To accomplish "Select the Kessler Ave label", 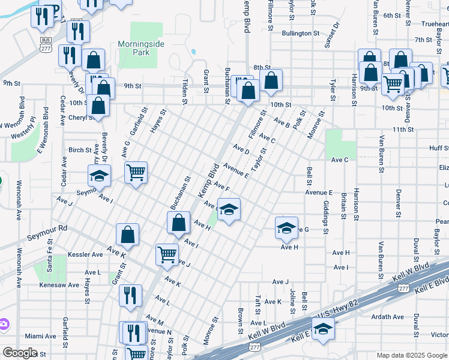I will tap(85, 254).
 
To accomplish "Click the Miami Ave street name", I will tap(40, 336).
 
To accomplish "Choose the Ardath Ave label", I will tap(387, 316).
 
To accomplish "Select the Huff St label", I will tap(439, 148).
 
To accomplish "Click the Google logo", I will tap(19, 353).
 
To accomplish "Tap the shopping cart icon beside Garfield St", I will tap(136, 172).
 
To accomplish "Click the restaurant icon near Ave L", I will tap(130, 295).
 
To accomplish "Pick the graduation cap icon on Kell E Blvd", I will tap(323, 329).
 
